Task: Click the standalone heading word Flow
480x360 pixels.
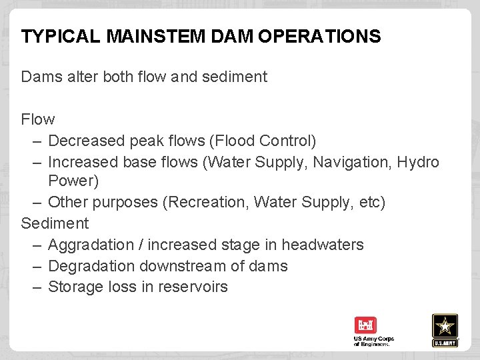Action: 38,119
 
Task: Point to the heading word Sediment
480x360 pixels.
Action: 55,223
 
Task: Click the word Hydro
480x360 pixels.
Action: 418,162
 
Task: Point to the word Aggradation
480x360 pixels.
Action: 91,245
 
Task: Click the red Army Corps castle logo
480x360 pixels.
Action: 365,325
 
